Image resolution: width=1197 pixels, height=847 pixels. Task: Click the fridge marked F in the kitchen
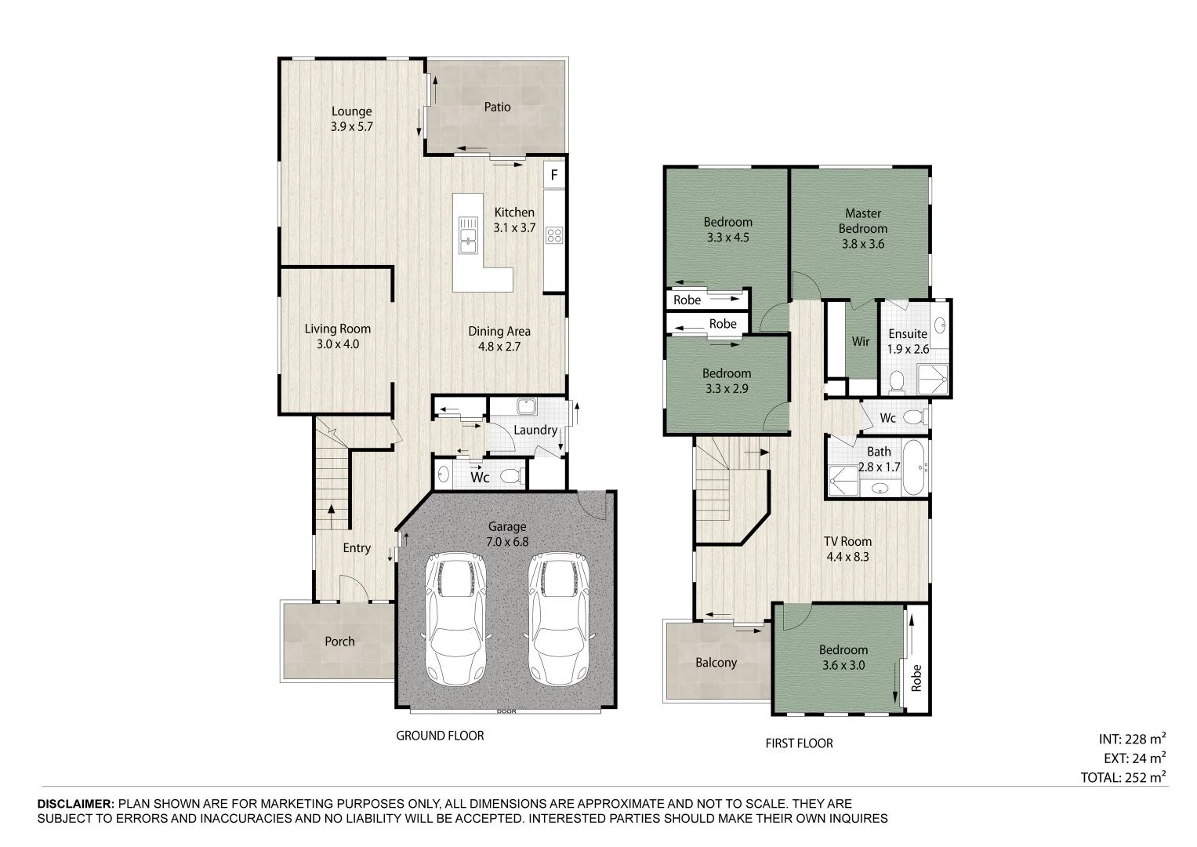(x=554, y=174)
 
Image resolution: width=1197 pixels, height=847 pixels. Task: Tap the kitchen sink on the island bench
(x=468, y=234)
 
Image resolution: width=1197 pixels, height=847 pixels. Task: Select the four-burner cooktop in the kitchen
(x=554, y=235)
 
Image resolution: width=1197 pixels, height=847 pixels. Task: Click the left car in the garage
(x=455, y=618)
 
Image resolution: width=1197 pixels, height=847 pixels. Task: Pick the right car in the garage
(x=559, y=618)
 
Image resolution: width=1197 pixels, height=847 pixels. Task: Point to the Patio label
(x=497, y=107)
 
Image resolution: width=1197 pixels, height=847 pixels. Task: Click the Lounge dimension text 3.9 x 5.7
(x=352, y=127)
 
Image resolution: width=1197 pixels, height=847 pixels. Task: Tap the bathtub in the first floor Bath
(x=913, y=468)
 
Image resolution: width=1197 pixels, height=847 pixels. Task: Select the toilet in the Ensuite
(x=897, y=380)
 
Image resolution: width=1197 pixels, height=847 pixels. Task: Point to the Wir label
(x=861, y=341)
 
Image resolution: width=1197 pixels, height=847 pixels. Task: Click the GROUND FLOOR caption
(x=440, y=736)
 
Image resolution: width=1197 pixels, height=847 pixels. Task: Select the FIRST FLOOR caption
(x=799, y=743)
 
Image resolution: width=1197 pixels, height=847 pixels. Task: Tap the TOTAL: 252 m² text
(x=1123, y=777)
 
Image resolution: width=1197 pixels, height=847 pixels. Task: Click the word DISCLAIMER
(x=75, y=804)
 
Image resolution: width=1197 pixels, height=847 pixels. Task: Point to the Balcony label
(x=716, y=663)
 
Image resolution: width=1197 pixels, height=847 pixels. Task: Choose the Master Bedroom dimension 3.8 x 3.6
(x=862, y=244)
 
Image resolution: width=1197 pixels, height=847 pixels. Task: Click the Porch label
(x=339, y=642)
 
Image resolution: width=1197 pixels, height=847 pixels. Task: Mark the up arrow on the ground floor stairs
(x=332, y=516)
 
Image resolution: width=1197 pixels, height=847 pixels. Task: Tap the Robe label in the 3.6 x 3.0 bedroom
(x=916, y=678)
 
